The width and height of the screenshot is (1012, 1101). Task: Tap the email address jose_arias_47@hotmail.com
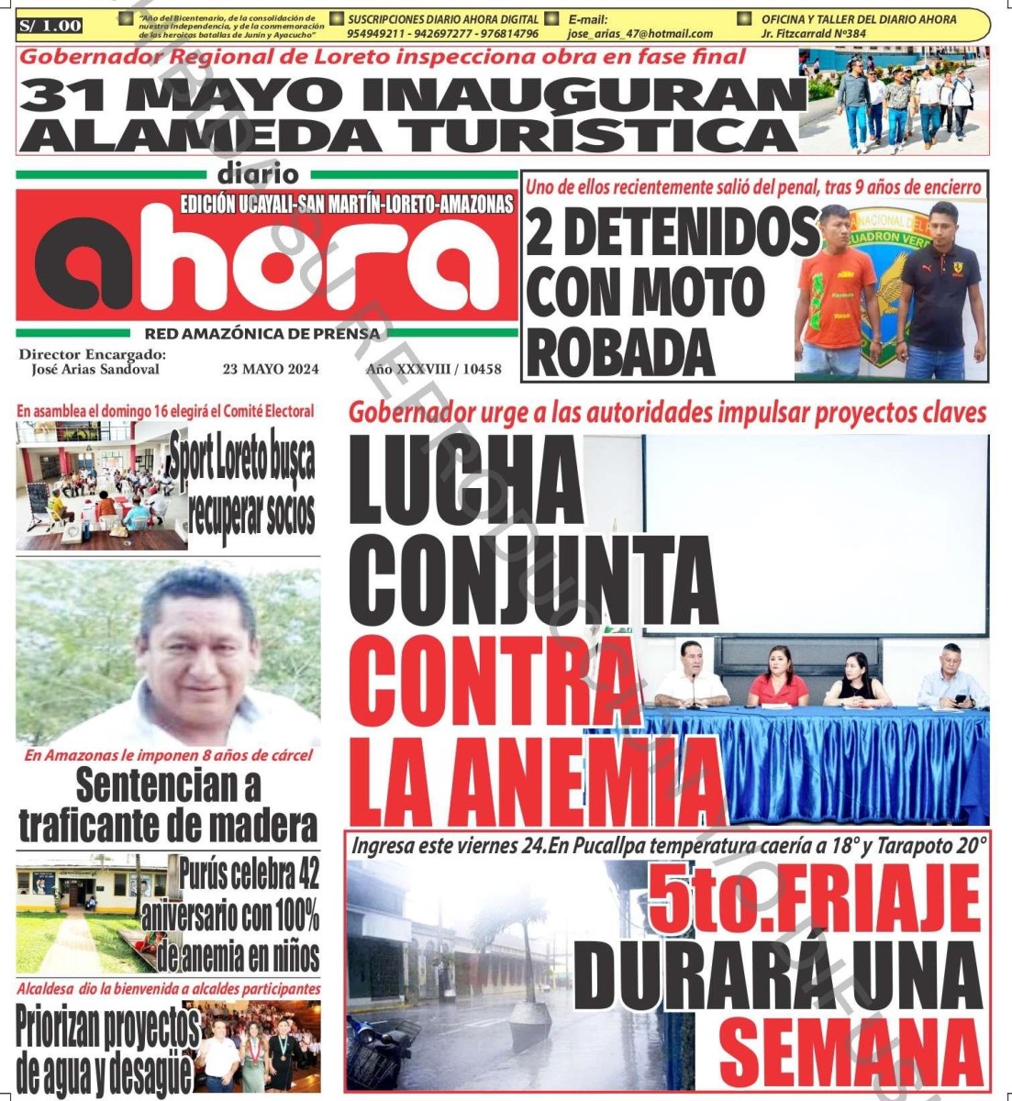[x=640, y=34]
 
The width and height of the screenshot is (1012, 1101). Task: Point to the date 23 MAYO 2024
[x=271, y=370]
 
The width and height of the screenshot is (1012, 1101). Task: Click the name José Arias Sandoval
[x=95, y=370]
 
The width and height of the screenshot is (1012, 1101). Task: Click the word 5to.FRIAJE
[x=814, y=902]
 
